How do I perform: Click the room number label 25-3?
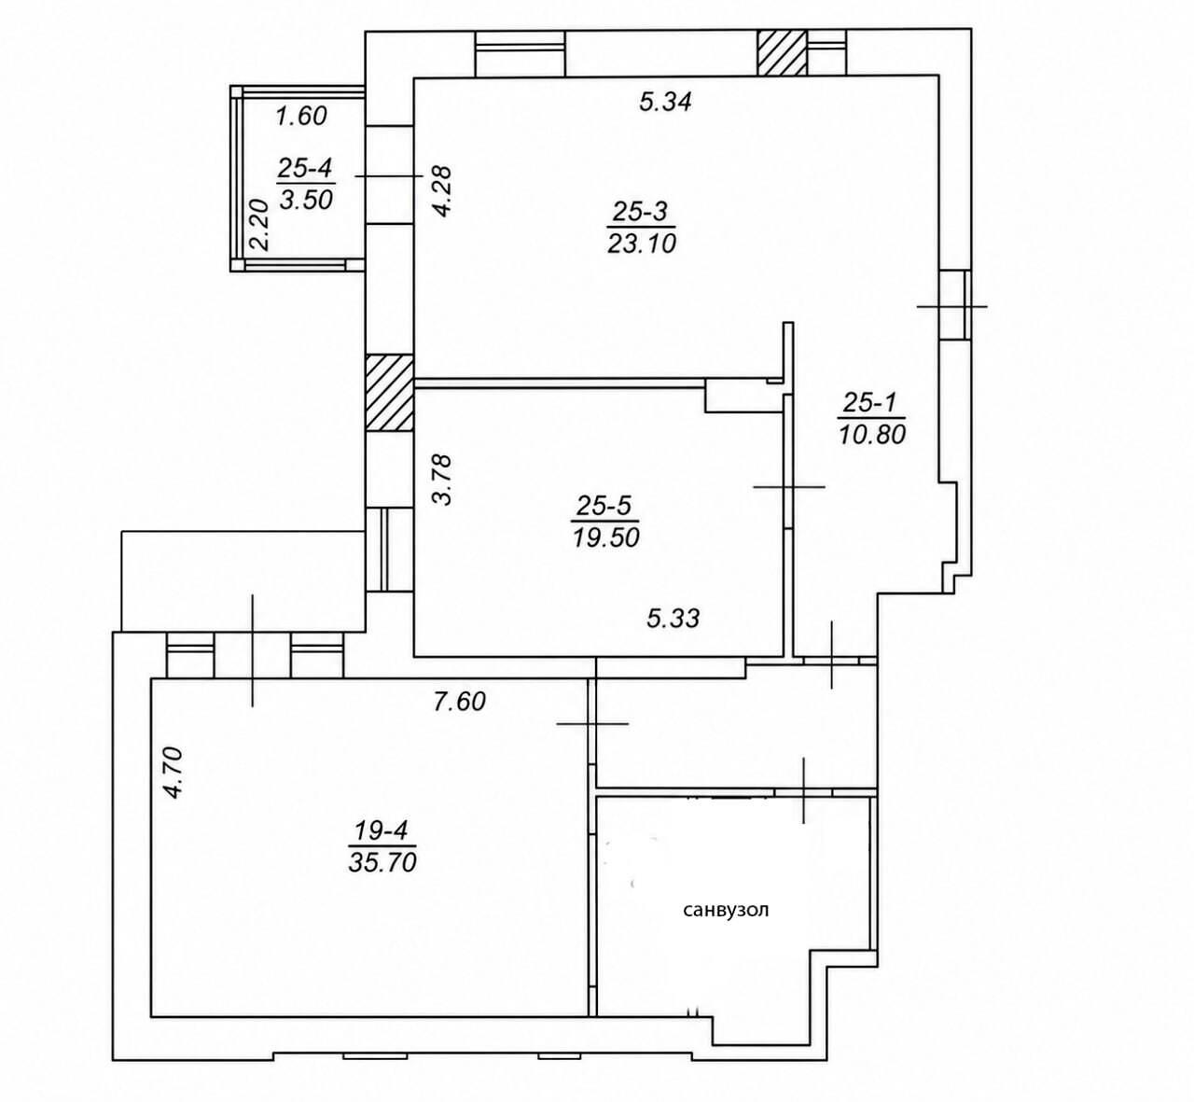pos(640,212)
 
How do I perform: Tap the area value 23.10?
pos(642,244)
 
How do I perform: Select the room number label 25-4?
pos(305,168)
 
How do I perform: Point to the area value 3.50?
pos(306,199)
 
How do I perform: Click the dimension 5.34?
pos(665,102)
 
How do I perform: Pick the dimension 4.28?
pos(444,191)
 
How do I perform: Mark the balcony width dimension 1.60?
pos(301,116)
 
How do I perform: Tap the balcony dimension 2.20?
pos(259,225)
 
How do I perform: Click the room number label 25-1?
pos(873,402)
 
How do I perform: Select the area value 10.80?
pos(872,434)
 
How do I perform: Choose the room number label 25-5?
pos(604,506)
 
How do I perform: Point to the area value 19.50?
pos(605,537)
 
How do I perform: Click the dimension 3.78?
pos(443,480)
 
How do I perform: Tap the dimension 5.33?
pos(673,618)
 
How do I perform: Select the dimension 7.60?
pos(460,702)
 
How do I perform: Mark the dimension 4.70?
pos(173,773)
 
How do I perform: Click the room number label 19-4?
pos(382,831)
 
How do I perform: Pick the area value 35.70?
pos(382,863)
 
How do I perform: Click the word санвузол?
pos(727,910)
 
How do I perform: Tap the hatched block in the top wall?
pos(781,53)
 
